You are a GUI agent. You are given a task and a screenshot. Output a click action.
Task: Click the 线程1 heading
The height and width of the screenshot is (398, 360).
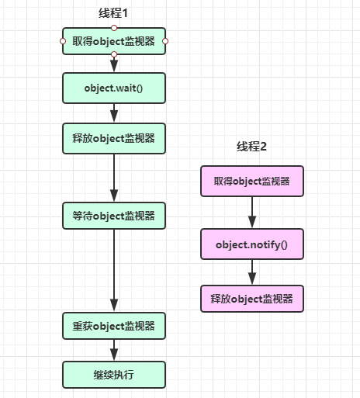point(113,13)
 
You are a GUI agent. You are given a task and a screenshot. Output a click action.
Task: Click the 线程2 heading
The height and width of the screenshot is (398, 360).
point(251,147)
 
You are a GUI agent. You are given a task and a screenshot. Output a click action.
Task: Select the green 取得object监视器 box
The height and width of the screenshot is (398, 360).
point(114,41)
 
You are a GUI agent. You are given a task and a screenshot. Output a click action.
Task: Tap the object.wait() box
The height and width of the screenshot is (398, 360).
point(114,88)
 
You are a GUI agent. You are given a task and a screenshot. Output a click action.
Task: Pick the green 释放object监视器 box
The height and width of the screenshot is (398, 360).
point(114,138)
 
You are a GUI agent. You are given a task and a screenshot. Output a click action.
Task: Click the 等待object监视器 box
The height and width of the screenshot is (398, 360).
point(114,216)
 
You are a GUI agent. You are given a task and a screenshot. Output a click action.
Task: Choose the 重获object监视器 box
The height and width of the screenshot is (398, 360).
point(114,326)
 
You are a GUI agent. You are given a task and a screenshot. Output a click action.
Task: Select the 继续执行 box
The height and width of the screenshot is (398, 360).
point(114,375)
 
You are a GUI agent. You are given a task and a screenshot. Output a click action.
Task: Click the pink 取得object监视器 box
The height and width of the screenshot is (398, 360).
point(252,181)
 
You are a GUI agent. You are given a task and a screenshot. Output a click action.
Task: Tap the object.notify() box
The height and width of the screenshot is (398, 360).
point(252,244)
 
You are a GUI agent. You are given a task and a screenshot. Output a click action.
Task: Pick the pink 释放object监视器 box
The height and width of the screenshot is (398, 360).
point(252,299)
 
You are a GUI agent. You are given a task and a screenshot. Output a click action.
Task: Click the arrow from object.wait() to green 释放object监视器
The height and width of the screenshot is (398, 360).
point(114,113)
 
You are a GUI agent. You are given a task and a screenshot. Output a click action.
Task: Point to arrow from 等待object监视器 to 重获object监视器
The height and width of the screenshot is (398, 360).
point(114,271)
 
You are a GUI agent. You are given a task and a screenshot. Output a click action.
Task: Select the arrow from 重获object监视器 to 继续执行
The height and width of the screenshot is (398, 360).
point(114,350)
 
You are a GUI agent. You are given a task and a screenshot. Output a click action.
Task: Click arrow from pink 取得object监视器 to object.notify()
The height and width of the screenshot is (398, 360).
point(252,213)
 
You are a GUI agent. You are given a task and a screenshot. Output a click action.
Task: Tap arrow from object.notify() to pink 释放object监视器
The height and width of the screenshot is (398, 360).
point(252,272)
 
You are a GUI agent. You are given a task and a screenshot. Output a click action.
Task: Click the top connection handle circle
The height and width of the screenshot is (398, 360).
point(114,28)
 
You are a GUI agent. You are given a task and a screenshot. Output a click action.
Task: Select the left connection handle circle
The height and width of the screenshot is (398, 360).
point(63,41)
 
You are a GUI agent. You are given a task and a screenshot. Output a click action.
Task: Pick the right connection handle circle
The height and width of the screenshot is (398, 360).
point(165,41)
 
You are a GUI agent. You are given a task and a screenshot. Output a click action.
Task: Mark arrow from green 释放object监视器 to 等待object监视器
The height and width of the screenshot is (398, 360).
point(114,178)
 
